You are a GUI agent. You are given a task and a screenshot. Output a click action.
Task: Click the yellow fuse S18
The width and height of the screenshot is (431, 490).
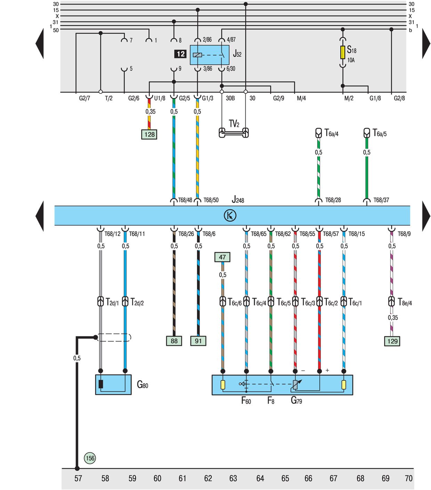(342, 52)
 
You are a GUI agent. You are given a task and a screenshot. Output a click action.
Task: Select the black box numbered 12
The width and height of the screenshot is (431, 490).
(180, 54)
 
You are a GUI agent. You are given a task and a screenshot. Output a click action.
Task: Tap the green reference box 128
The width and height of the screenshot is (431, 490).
(149, 134)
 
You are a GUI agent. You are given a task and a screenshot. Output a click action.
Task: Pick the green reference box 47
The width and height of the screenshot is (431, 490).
(222, 257)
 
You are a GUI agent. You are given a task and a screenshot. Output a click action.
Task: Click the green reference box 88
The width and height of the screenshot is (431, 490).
(174, 341)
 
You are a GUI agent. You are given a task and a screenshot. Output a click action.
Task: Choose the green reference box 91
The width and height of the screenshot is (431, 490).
(198, 341)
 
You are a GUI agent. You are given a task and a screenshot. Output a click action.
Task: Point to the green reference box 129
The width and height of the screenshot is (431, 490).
(392, 341)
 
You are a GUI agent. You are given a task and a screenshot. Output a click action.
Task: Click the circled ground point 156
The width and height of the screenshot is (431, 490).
(90, 458)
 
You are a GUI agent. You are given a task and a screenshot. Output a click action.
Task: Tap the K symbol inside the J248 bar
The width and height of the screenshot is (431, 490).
(230, 215)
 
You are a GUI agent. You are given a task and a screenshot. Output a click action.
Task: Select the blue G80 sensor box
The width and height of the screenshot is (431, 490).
(113, 385)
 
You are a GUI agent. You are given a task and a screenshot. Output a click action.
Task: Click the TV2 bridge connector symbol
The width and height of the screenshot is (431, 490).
(234, 133)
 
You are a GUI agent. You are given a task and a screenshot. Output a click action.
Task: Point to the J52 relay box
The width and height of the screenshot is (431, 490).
(210, 55)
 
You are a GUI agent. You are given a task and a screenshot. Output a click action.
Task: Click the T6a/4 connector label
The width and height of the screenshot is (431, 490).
(331, 133)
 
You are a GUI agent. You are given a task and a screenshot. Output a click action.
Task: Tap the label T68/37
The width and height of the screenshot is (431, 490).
(381, 200)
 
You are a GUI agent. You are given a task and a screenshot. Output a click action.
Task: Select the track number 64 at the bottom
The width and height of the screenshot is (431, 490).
(260, 479)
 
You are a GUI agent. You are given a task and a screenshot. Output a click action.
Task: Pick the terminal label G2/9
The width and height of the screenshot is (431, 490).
(278, 98)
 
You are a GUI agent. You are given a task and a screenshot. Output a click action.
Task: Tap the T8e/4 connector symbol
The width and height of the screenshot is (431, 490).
(391, 301)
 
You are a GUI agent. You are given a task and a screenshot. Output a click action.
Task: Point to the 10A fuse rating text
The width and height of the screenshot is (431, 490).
(351, 60)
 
